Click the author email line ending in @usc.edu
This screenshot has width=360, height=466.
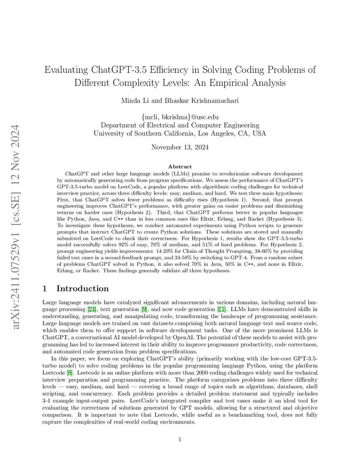(180, 117)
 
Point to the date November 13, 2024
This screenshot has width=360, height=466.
(180, 147)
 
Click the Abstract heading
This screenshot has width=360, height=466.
(180, 167)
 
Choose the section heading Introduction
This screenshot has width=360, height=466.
(82, 289)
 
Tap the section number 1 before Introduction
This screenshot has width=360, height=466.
(45, 289)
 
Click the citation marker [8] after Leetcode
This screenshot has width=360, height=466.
(70, 373)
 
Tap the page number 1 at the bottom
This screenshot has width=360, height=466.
(180, 439)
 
